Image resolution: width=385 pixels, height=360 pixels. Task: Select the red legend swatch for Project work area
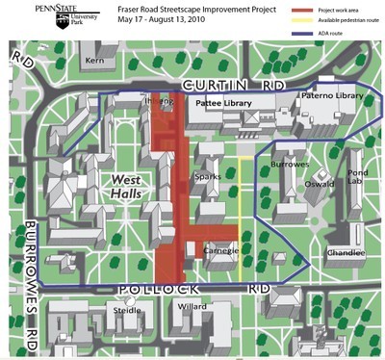pos(299,8)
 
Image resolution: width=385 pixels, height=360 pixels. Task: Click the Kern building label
pos(94,60)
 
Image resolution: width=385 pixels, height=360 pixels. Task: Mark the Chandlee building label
pos(346,252)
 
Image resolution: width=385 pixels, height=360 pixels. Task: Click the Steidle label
pos(126,310)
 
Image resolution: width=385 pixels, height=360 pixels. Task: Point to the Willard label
pos(192,307)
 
